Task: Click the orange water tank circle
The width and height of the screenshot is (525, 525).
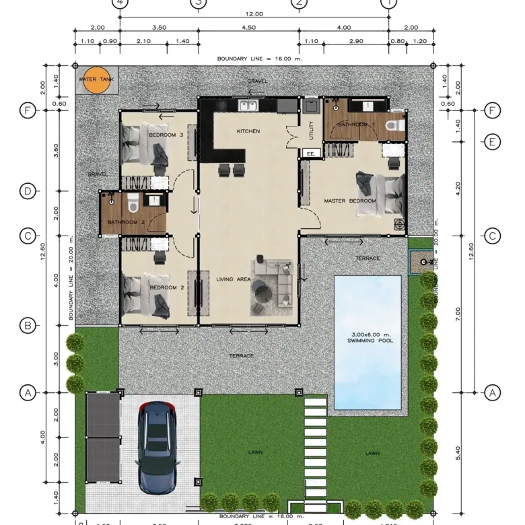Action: click(96, 79)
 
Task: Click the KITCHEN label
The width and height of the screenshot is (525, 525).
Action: click(248, 131)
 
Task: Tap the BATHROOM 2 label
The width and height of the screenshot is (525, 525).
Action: click(127, 221)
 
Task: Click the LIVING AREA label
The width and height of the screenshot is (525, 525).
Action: click(233, 279)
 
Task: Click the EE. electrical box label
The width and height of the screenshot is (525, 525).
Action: click(311, 153)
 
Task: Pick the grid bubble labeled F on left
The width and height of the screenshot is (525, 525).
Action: click(27, 110)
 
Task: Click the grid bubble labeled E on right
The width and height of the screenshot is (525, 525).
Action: click(493, 141)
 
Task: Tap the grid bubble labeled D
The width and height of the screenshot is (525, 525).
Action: click(27, 191)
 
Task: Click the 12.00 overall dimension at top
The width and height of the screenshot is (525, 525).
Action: click(254, 13)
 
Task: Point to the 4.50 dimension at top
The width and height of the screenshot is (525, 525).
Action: click(248, 28)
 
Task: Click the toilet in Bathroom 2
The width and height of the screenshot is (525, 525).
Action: click(133, 200)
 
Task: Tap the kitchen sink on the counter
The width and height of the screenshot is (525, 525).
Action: click(247, 105)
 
